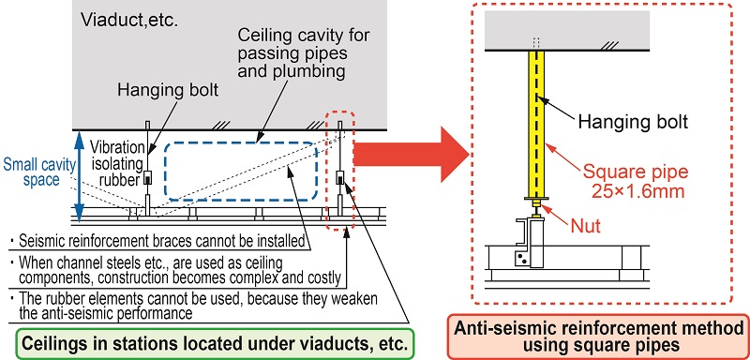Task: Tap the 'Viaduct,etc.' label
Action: (x=129, y=20)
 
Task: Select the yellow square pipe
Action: (x=536, y=125)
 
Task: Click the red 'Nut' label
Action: (x=586, y=225)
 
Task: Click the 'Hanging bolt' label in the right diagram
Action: (x=633, y=122)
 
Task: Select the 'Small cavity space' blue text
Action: (x=38, y=172)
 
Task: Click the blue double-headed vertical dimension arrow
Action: (x=80, y=174)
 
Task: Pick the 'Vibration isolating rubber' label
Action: (x=117, y=163)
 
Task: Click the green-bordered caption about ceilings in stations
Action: (x=215, y=344)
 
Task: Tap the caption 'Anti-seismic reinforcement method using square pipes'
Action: (x=598, y=337)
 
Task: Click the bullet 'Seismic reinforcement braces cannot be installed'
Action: (x=158, y=242)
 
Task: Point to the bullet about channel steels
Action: (x=176, y=270)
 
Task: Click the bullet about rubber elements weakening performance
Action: (x=195, y=306)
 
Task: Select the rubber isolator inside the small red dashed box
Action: (x=340, y=178)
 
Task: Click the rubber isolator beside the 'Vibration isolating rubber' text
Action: (x=149, y=178)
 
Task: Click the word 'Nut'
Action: (x=586, y=225)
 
